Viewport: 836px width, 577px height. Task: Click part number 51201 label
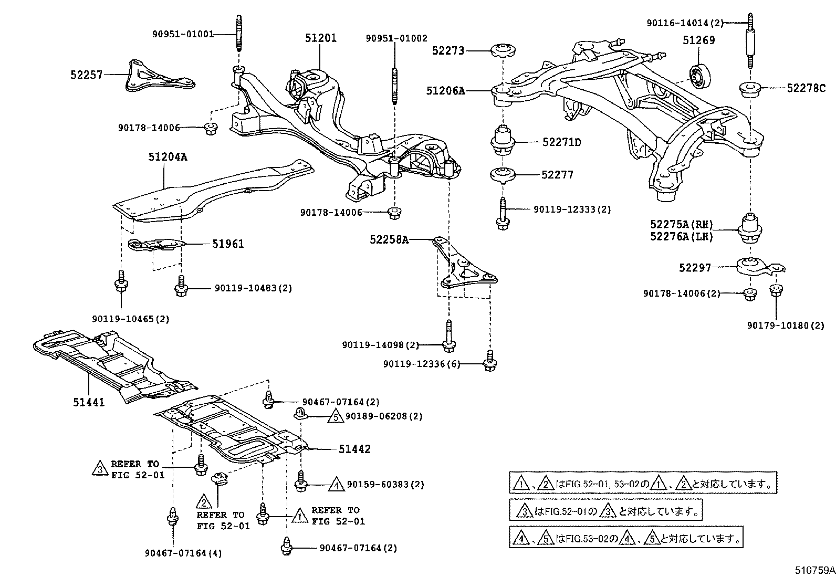pyautogui.click(x=321, y=38)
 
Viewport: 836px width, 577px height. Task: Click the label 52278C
pyautogui.click(x=806, y=89)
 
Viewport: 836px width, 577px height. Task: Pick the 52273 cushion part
pyautogui.click(x=503, y=51)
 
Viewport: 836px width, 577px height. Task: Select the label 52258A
pyautogui.click(x=389, y=239)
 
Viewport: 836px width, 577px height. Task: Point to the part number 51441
pyautogui.click(x=89, y=403)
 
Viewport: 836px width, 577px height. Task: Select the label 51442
pyautogui.click(x=354, y=449)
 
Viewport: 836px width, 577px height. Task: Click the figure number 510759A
pyautogui.click(x=813, y=569)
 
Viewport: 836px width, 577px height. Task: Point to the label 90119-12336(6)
pyautogui.click(x=422, y=364)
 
